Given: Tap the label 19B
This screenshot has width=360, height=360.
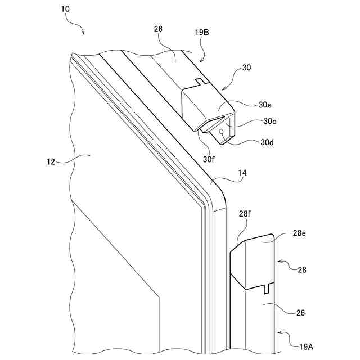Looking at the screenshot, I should (x=202, y=33).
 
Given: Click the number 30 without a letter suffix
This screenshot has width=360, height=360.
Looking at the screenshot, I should (x=246, y=67).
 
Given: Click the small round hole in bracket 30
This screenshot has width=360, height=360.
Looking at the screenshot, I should (x=223, y=132).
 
